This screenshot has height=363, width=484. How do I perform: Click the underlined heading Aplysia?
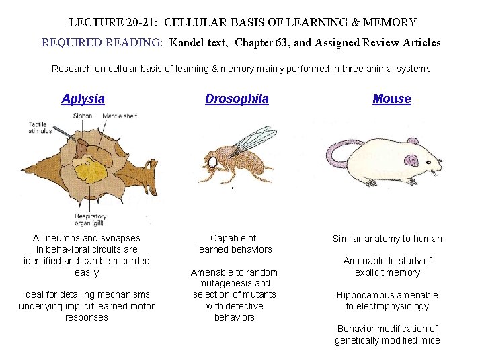[x=83, y=99]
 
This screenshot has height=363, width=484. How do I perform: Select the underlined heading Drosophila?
[x=237, y=99]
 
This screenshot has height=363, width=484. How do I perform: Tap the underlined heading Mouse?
[x=391, y=99]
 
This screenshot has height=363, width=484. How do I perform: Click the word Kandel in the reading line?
[x=187, y=43]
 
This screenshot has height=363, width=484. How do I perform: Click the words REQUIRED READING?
[x=102, y=43]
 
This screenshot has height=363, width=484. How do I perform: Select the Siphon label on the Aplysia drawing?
[x=83, y=116]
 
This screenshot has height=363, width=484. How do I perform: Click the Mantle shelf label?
[x=120, y=116]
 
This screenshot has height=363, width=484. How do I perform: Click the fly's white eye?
[x=212, y=162]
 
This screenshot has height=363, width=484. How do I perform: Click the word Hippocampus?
[x=367, y=295]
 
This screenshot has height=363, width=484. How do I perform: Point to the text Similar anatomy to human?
[x=387, y=239]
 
